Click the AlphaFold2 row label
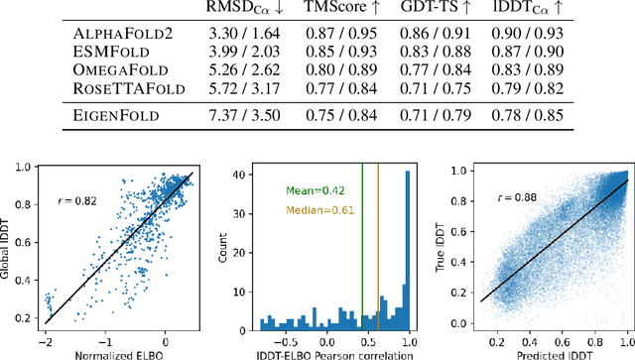click(122, 33)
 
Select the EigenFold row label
click(117, 114)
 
